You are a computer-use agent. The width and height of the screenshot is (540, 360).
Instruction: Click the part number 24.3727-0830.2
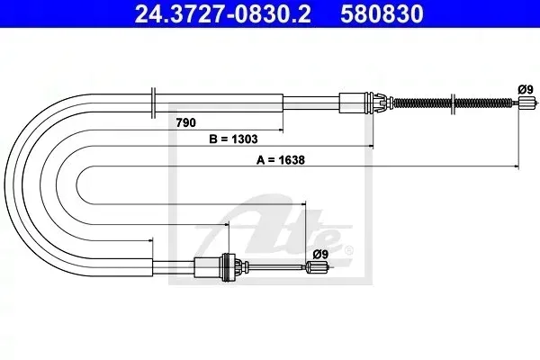click(223, 13)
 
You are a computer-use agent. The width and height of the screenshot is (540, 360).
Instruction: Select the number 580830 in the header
click(382, 13)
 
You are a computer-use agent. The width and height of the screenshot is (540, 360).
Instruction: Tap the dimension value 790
click(185, 122)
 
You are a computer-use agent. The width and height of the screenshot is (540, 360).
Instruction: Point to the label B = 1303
click(233, 139)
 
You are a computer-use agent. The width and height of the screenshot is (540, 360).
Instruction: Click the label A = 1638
click(281, 160)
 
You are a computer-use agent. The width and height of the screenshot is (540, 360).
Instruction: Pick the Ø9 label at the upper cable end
click(526, 90)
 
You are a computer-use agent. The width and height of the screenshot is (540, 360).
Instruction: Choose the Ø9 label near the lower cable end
click(320, 254)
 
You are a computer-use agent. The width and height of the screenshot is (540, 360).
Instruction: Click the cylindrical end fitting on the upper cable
click(526, 103)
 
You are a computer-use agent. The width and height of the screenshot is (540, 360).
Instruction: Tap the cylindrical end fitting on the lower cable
click(317, 267)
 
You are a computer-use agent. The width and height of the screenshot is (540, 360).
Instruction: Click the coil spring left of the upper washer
click(422, 103)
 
